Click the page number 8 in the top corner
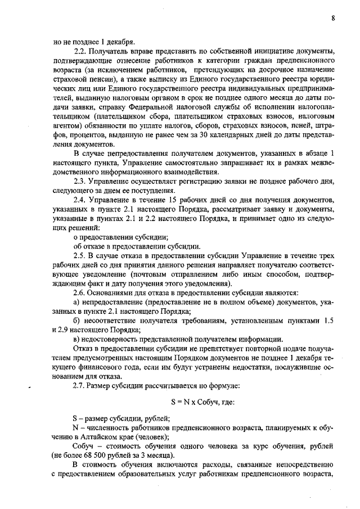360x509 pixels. (333, 18)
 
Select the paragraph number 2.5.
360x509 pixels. (81, 255)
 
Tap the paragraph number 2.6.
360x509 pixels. (81, 292)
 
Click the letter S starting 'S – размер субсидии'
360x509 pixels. (75, 418)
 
